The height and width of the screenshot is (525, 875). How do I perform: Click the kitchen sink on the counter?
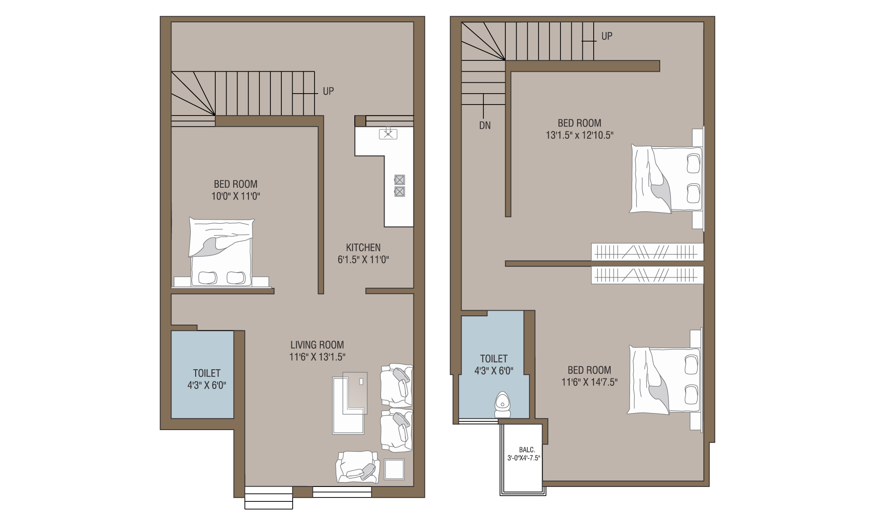point(388,133)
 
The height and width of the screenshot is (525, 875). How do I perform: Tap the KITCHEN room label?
point(363,248)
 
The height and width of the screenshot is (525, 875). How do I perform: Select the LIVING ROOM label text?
point(317,345)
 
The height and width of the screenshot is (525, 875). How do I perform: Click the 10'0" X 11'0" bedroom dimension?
point(236,196)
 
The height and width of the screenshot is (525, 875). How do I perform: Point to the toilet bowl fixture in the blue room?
point(502,405)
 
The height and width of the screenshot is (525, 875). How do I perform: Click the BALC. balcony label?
point(527,450)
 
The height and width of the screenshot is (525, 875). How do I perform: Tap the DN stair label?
point(485,126)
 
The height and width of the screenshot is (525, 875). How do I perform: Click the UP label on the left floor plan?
point(328,91)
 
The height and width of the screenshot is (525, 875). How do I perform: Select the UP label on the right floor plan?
point(607,36)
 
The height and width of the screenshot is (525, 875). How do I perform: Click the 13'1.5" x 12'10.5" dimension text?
point(579,135)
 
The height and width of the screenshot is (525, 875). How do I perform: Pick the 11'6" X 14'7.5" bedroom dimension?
point(589,382)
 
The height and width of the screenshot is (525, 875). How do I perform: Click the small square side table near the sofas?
point(394,469)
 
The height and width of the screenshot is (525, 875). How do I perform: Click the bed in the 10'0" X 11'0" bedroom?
point(221,252)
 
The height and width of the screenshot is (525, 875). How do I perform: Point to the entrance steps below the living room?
point(268,498)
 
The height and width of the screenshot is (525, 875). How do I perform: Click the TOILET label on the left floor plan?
point(207,373)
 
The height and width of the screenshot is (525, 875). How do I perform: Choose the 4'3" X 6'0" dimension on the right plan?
point(494,371)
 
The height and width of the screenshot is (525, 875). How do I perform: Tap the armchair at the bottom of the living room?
point(357,467)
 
